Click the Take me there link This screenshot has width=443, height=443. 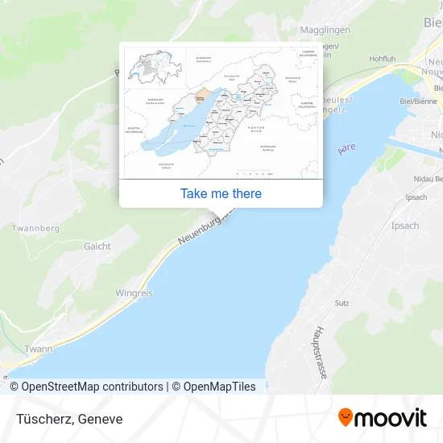click(x=221, y=193)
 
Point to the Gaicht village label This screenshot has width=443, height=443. click(x=97, y=246)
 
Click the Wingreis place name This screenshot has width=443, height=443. click(x=134, y=293)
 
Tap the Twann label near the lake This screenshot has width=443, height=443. click(x=38, y=350)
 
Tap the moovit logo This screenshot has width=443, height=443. click(x=382, y=417)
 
